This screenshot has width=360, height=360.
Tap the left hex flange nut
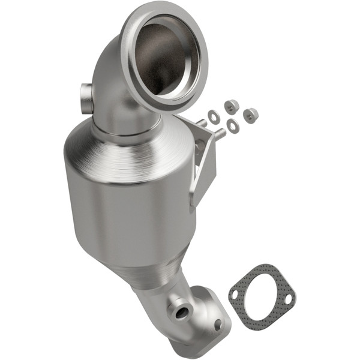point(232,107)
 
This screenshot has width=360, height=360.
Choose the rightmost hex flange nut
point(250,115)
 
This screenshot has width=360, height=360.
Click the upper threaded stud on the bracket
point(202,124)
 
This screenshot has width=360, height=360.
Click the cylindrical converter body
point(126,210)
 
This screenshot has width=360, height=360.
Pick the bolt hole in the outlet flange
point(217,324)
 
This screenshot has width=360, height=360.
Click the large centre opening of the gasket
point(263,297)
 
